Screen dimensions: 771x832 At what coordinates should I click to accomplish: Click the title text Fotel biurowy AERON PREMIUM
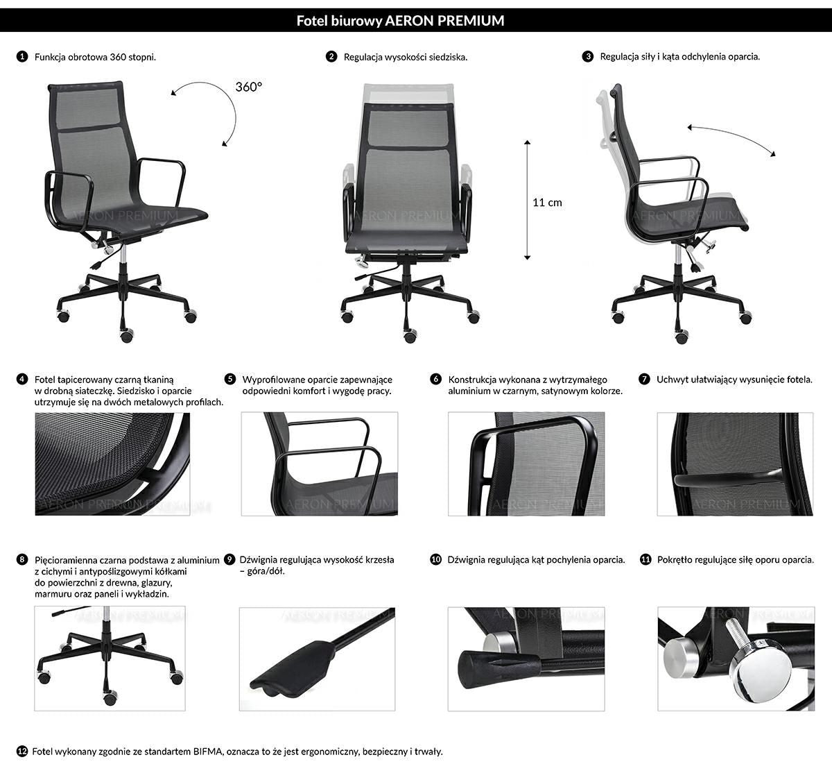point(400,21)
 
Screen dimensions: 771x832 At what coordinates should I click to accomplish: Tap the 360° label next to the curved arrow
point(249,87)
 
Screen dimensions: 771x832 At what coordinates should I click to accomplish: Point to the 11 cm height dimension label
point(547,203)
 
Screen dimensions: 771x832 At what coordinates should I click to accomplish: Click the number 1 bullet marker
point(22,57)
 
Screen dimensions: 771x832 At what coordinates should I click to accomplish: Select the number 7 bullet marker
point(644,379)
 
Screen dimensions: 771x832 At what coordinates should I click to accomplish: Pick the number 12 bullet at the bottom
point(22,752)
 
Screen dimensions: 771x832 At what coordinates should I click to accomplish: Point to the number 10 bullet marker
point(436,559)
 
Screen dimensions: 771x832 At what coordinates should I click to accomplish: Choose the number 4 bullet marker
point(22,379)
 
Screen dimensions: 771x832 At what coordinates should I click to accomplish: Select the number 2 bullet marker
point(331,57)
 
